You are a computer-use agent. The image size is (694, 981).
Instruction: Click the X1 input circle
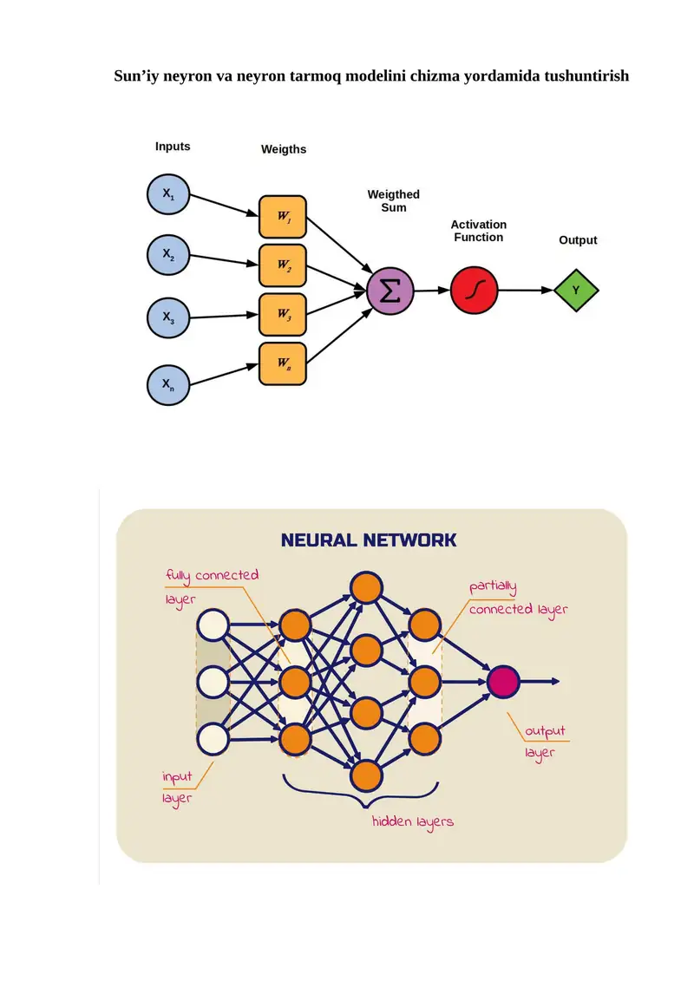click(167, 194)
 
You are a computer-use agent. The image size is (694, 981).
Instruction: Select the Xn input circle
click(167, 385)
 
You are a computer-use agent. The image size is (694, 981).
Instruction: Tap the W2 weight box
click(283, 265)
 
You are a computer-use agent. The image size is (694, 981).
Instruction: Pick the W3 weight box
click(283, 314)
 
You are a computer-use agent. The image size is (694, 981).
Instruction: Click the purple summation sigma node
click(390, 291)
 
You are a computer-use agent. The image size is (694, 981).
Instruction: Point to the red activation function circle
click(474, 291)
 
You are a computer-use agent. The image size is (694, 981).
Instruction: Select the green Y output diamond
click(576, 291)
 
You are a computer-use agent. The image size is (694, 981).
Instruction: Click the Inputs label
click(173, 147)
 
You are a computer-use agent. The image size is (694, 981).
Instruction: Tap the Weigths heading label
click(284, 149)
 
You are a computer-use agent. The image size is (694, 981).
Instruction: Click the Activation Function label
click(479, 231)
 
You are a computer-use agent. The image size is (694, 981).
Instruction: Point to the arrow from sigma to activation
click(432, 291)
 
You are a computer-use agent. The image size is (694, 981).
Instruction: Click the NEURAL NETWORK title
click(369, 540)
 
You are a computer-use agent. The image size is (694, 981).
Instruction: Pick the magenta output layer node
click(503, 681)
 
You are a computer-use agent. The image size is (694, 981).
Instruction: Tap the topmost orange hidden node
click(366, 587)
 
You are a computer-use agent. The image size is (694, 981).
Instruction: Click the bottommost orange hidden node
click(366, 776)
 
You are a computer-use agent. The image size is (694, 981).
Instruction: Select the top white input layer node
click(213, 625)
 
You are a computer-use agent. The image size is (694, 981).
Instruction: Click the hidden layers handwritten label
click(412, 822)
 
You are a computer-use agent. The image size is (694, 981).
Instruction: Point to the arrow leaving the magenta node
click(540, 681)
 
